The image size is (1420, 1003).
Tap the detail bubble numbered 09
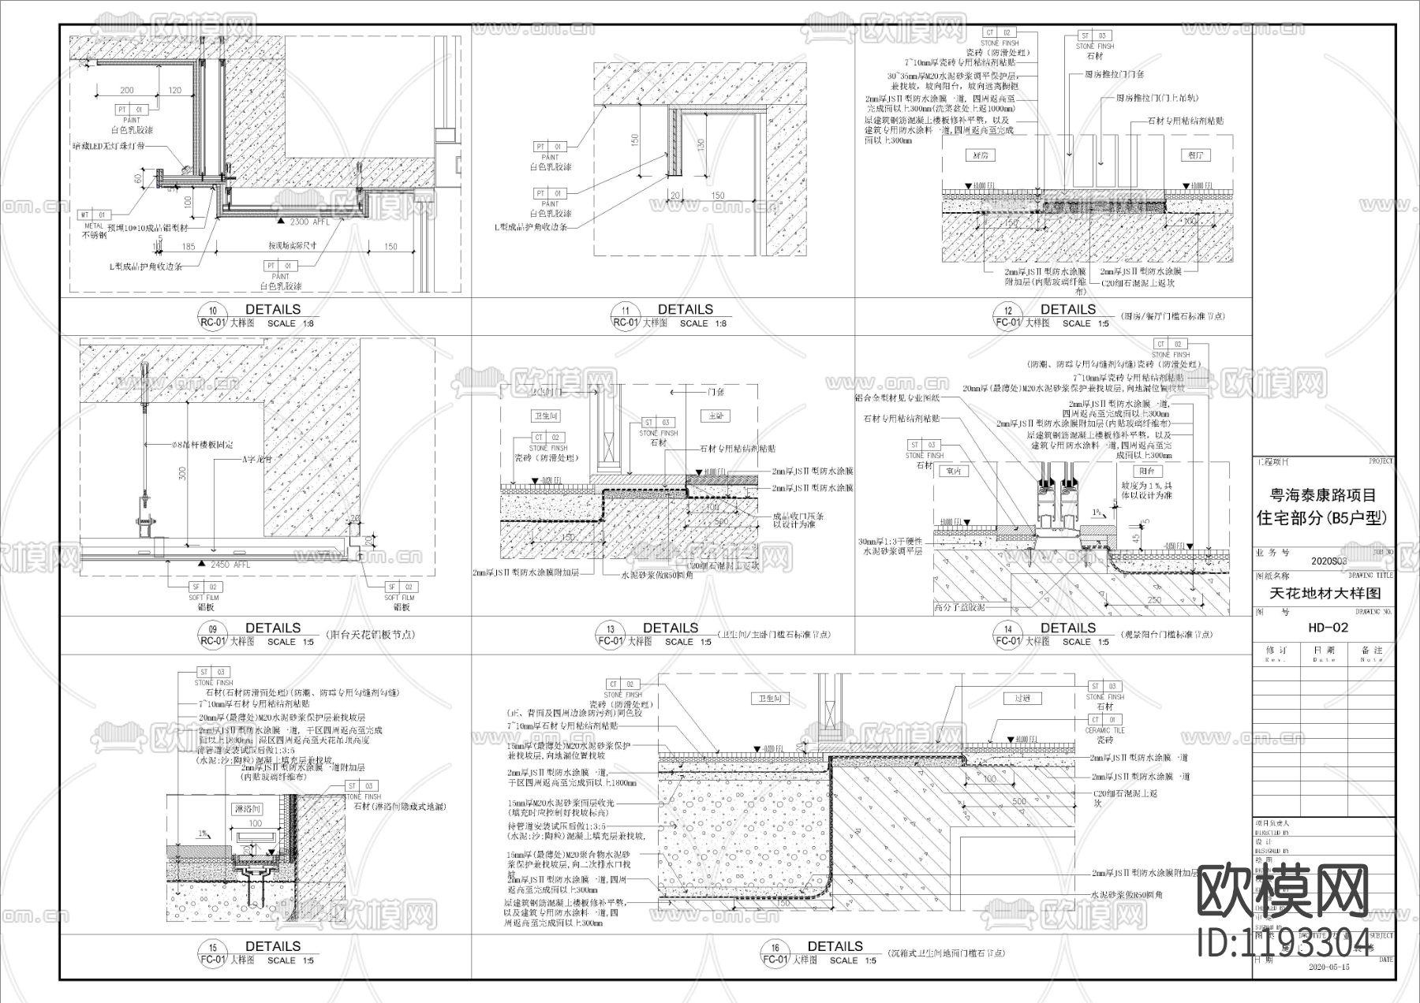point(212,635)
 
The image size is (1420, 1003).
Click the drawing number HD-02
point(1323,628)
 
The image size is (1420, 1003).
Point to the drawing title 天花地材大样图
point(1324,594)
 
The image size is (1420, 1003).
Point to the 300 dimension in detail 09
point(182,474)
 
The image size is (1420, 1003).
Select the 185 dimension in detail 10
point(188,248)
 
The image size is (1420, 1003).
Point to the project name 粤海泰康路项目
point(1323,496)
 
